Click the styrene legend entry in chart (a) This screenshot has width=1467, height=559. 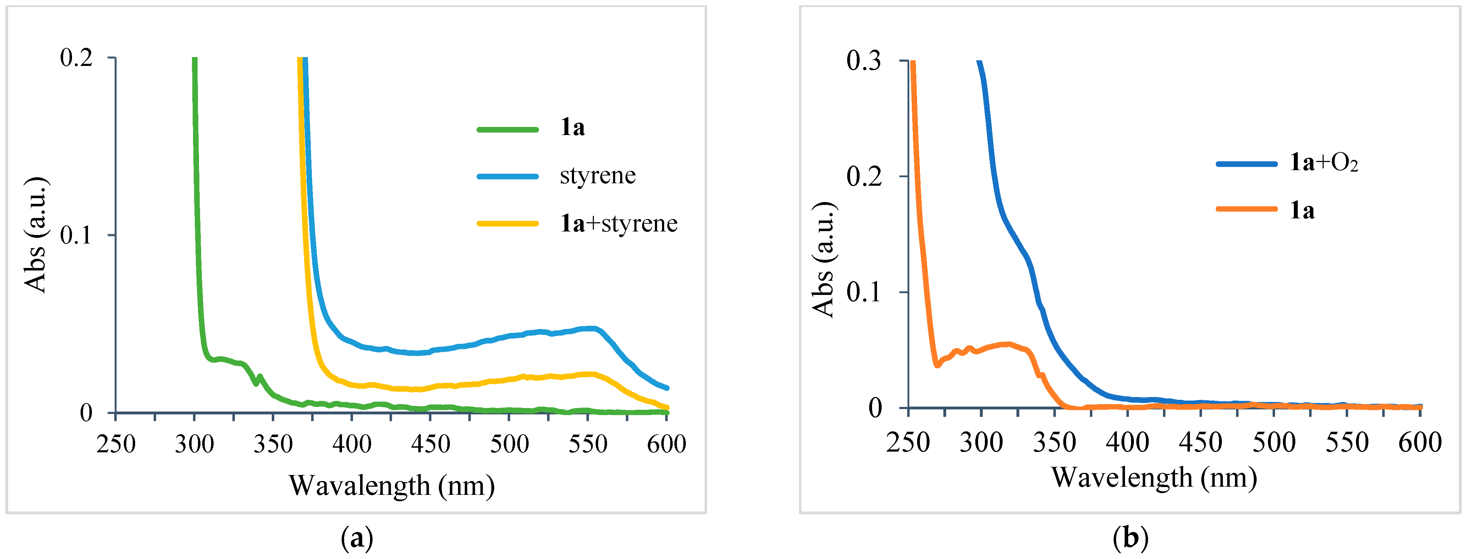[597, 176]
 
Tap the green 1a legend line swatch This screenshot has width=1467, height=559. [507, 129]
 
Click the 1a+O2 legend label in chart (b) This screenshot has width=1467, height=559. [1323, 163]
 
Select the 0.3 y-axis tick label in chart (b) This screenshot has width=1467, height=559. [864, 61]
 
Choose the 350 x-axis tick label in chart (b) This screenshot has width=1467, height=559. [1054, 442]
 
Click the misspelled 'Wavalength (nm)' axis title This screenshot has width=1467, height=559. [392, 486]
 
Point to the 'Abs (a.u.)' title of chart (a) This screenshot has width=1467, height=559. [35, 235]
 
